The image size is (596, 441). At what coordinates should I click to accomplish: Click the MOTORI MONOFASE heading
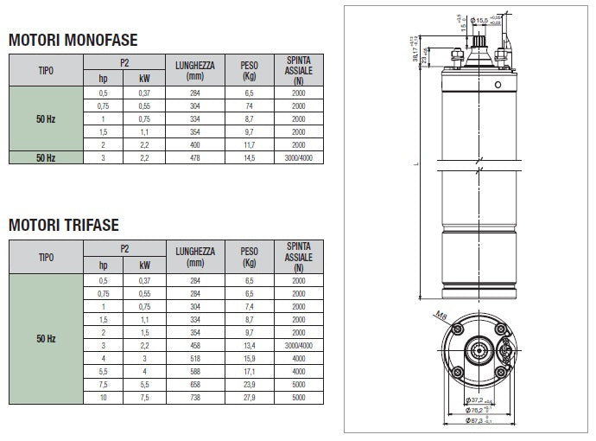pos(73,40)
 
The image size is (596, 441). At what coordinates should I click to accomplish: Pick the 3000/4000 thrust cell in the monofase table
pos(298,157)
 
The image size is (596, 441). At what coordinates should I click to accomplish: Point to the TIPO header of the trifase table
pos(46,257)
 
